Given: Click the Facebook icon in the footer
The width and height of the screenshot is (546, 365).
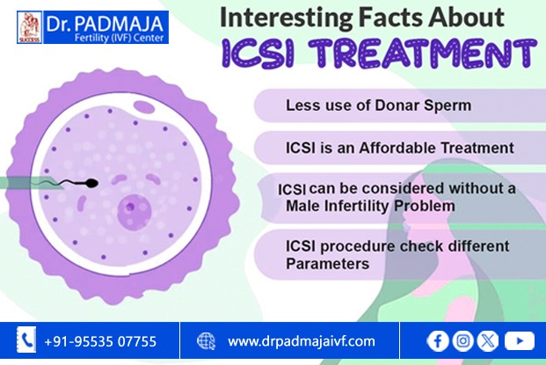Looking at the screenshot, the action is coord(438,340).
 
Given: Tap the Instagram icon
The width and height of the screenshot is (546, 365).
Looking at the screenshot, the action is coord(462,340).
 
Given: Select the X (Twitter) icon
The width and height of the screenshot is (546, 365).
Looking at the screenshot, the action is coord(488,340).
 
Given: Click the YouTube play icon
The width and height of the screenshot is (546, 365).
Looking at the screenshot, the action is coord(520,340).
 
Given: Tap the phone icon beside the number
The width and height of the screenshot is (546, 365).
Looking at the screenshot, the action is coord(26,339).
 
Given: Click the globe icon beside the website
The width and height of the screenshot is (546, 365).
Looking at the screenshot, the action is coord(206,341).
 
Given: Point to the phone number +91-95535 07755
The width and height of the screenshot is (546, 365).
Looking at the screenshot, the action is coord(100,341).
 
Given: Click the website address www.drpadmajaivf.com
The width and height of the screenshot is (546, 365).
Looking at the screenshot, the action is coord(302,341).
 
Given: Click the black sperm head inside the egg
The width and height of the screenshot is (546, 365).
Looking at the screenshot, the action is coord(91,183).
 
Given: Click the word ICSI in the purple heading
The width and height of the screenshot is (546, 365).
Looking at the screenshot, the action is coord(258,53).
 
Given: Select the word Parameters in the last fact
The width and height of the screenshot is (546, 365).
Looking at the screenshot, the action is coord(327,264).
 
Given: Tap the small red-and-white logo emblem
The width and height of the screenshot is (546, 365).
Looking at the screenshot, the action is coord(30,27).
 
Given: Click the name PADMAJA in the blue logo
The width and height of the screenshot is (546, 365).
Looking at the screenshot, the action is coord(119,24).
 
